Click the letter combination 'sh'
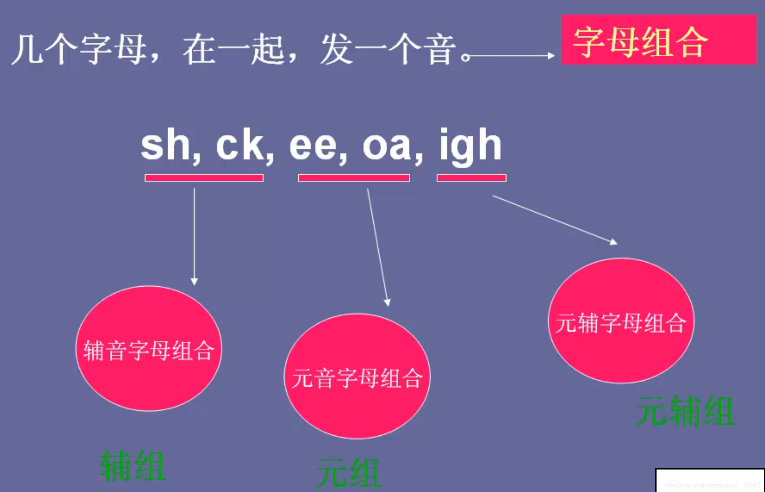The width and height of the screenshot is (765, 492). pos(166,145)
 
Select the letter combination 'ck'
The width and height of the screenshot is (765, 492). pos(240,145)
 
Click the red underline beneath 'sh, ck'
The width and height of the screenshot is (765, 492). pos(204,178)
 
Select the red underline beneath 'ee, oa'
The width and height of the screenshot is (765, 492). pos(354,178)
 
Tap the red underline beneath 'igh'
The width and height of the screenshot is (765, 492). pos(471,178)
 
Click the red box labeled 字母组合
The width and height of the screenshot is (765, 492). pos(658,40)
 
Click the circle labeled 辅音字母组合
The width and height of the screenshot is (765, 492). pos(148,348)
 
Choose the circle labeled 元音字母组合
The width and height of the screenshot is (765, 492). pos(357,376)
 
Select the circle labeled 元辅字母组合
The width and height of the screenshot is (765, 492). pos(621,321)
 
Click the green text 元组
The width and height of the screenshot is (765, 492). pos(348,473)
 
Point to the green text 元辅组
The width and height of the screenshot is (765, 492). pos(686,411)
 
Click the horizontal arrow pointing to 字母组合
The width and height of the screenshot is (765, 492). pos(511,56)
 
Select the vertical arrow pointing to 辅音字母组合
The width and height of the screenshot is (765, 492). pos(194,236)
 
